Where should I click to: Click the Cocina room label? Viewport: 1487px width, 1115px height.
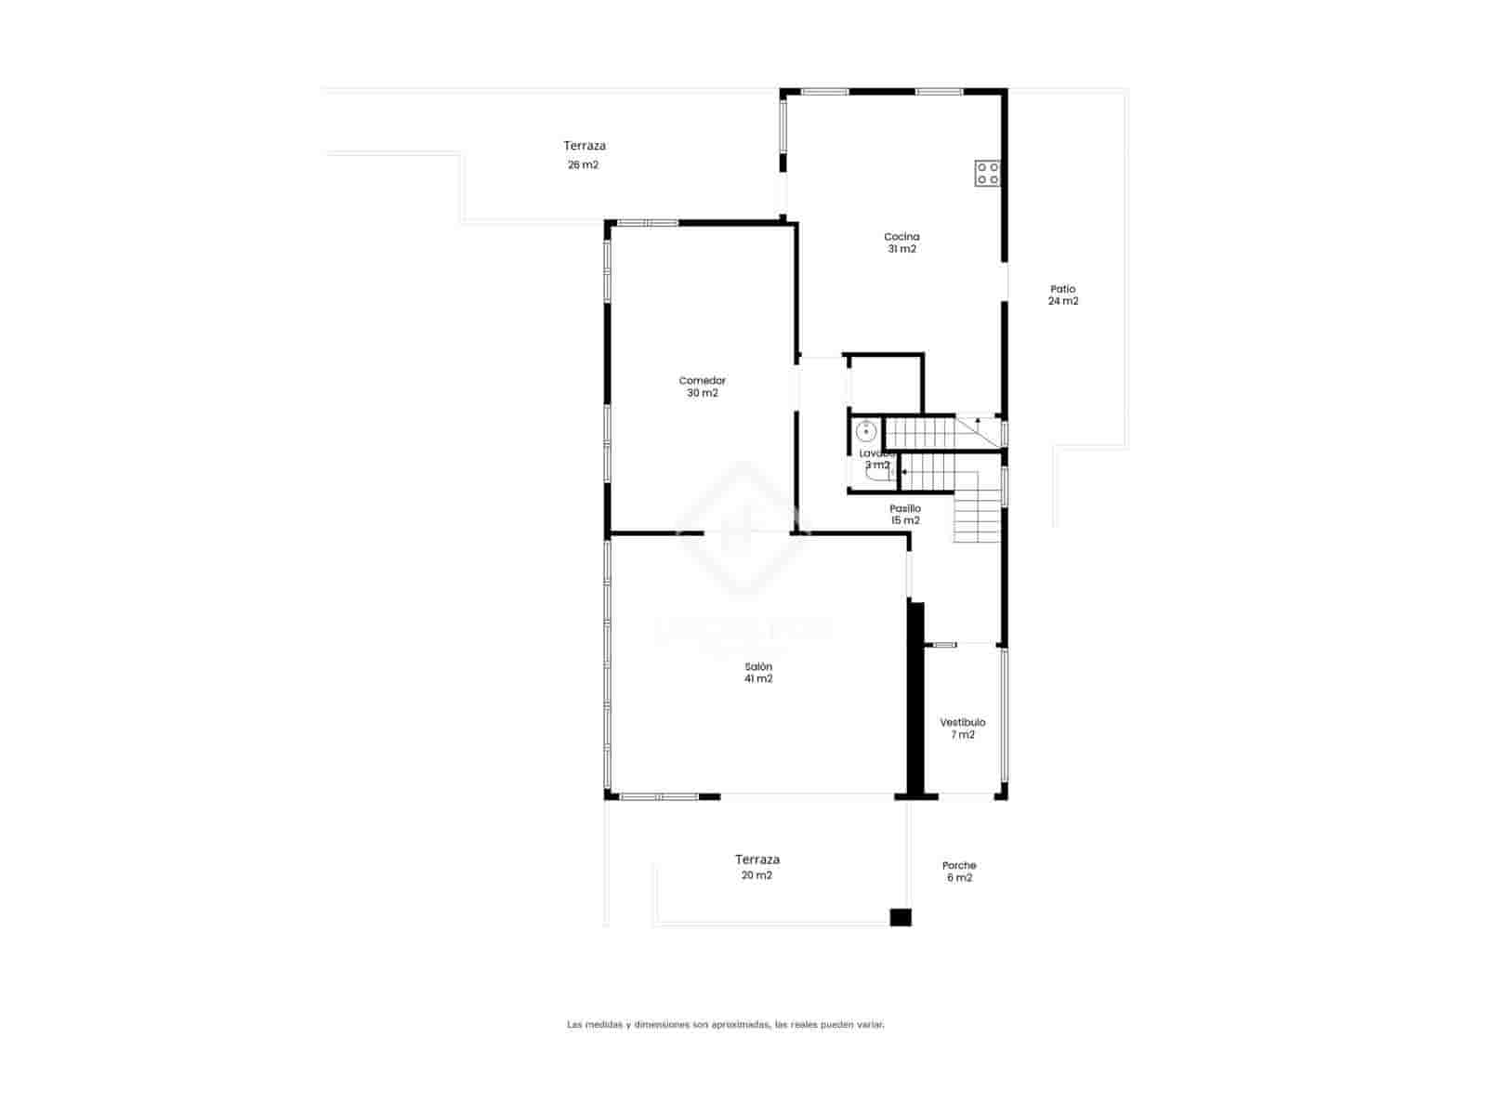point(901,237)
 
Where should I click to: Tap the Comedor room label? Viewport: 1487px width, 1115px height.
point(702,381)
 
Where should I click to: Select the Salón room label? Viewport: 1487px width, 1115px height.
point(758,667)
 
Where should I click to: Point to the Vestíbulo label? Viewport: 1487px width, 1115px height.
point(962,723)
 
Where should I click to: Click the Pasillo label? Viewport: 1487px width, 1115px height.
point(905,509)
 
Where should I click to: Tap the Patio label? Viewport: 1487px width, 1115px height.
point(1063,289)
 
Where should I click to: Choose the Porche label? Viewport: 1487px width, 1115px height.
point(959,866)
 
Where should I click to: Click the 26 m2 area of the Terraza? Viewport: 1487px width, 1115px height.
point(583,165)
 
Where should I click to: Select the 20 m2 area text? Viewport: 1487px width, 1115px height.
point(757,875)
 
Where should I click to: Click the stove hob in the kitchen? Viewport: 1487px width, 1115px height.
point(987,173)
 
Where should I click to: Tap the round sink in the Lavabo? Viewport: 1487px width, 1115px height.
point(865,432)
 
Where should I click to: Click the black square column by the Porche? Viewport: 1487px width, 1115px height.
point(900,917)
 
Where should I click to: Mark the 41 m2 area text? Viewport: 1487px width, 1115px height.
point(758,679)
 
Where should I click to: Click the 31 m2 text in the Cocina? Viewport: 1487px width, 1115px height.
point(901,249)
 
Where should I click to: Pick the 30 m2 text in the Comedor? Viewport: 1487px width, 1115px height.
point(702,393)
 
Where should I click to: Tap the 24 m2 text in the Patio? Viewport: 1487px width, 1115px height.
point(1063,301)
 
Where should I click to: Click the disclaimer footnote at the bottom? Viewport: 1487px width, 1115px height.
point(725,1025)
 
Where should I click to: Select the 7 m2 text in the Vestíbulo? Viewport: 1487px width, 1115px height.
point(962,735)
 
